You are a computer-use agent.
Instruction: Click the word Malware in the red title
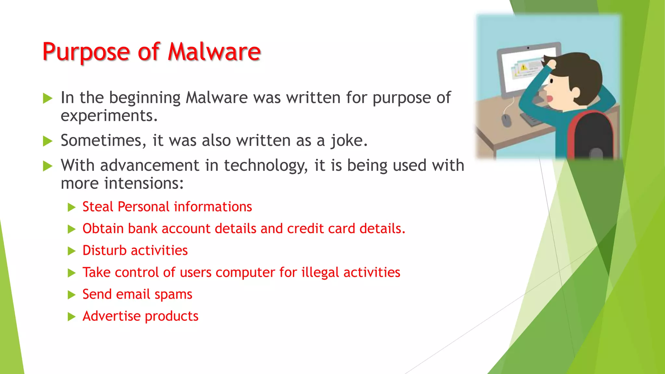point(214,52)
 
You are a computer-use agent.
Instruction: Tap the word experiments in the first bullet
point(109,116)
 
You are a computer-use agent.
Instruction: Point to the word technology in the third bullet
point(265,166)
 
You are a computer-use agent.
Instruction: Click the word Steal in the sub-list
point(97,207)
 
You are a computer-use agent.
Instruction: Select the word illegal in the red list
point(320,273)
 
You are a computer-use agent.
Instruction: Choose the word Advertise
point(111,316)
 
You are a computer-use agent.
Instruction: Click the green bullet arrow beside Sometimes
point(48,141)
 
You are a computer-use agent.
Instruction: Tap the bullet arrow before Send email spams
point(71,295)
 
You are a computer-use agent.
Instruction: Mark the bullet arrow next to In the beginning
point(48,98)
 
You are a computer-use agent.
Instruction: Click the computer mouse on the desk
point(506,120)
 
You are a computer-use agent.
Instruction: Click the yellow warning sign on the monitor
point(523,67)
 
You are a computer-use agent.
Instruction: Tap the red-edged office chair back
point(591,135)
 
